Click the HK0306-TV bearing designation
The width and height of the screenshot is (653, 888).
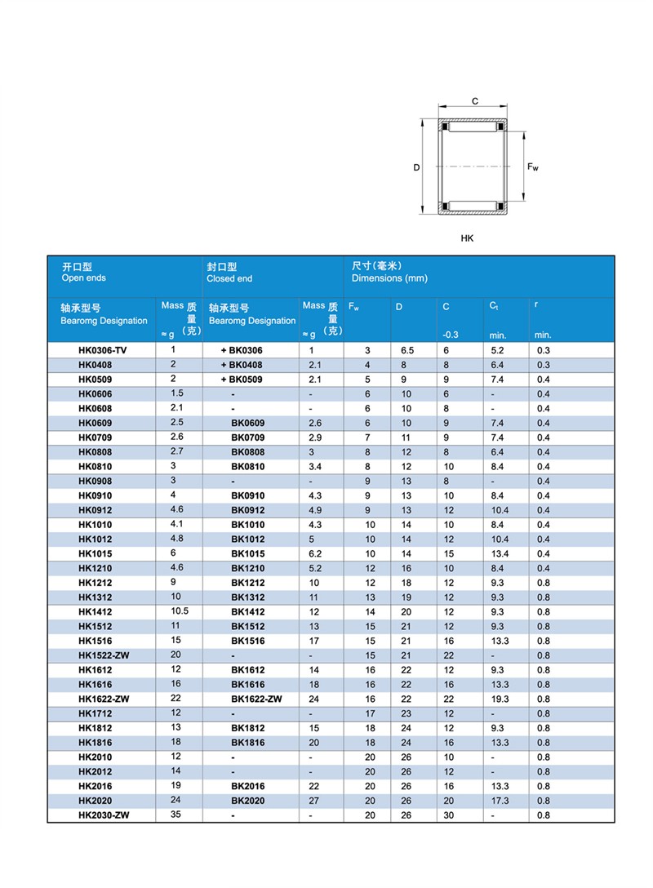[101, 350]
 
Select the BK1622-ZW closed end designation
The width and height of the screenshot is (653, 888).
[256, 699]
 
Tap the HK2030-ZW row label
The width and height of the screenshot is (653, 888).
[104, 815]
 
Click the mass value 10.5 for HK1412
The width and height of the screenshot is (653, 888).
[180, 610]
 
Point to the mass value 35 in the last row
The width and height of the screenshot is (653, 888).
[175, 814]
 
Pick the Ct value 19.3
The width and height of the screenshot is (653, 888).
[500, 699]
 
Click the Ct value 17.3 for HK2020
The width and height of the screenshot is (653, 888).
[500, 801]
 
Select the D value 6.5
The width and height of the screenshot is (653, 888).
[406, 350]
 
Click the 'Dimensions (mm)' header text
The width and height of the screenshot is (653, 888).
[389, 278]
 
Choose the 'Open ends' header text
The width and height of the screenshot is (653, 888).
[84, 277]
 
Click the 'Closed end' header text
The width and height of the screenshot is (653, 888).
[229, 278]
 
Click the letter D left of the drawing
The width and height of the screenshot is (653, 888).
[416, 168]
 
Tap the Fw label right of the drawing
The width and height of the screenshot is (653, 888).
[532, 167]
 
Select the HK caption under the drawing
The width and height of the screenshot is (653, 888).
[467, 238]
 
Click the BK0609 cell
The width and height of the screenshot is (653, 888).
[247, 423]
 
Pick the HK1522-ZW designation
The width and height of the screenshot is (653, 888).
[104, 655]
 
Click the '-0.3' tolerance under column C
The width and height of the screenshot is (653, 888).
[450, 335]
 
